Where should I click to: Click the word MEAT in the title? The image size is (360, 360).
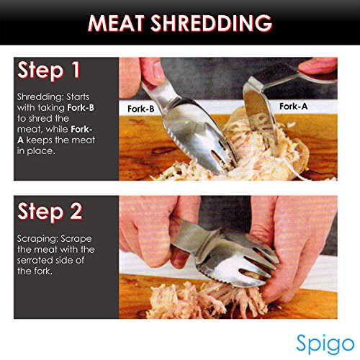click(x=116, y=23)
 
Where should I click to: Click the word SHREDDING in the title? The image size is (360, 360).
click(x=212, y=23)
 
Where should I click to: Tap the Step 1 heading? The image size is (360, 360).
click(x=48, y=71)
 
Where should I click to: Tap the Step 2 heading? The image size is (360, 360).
click(x=50, y=212)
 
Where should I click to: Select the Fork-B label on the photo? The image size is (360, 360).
click(x=141, y=109)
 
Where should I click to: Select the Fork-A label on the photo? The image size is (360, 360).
click(x=294, y=107)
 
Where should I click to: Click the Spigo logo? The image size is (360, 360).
click(x=325, y=343)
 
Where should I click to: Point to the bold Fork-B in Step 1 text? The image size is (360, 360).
click(x=81, y=108)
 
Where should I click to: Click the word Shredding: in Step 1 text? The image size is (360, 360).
click(x=40, y=97)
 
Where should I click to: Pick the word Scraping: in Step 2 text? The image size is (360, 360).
click(x=37, y=239)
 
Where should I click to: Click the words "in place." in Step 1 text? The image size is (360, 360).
click(x=36, y=151)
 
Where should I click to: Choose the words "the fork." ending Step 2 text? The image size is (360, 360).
click(x=35, y=271)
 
